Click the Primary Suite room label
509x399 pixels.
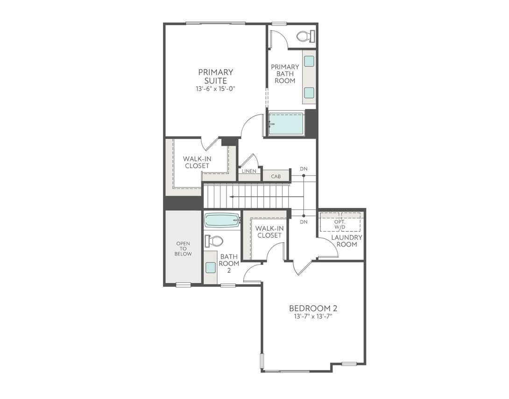215,76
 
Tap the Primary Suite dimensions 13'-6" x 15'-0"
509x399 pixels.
215,88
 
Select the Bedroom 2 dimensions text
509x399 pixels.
313,317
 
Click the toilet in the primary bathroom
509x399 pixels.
306,36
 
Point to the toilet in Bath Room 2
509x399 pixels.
214,241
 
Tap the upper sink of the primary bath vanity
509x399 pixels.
309,61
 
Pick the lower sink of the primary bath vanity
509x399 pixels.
309,93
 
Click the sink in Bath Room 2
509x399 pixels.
211,267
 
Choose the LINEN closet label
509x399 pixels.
249,171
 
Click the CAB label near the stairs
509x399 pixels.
276,177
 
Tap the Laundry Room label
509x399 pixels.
344,241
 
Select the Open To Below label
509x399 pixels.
183,249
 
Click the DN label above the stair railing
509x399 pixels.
304,168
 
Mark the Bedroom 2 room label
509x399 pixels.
313,308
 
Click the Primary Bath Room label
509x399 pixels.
285,74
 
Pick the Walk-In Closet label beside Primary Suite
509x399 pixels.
197,162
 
